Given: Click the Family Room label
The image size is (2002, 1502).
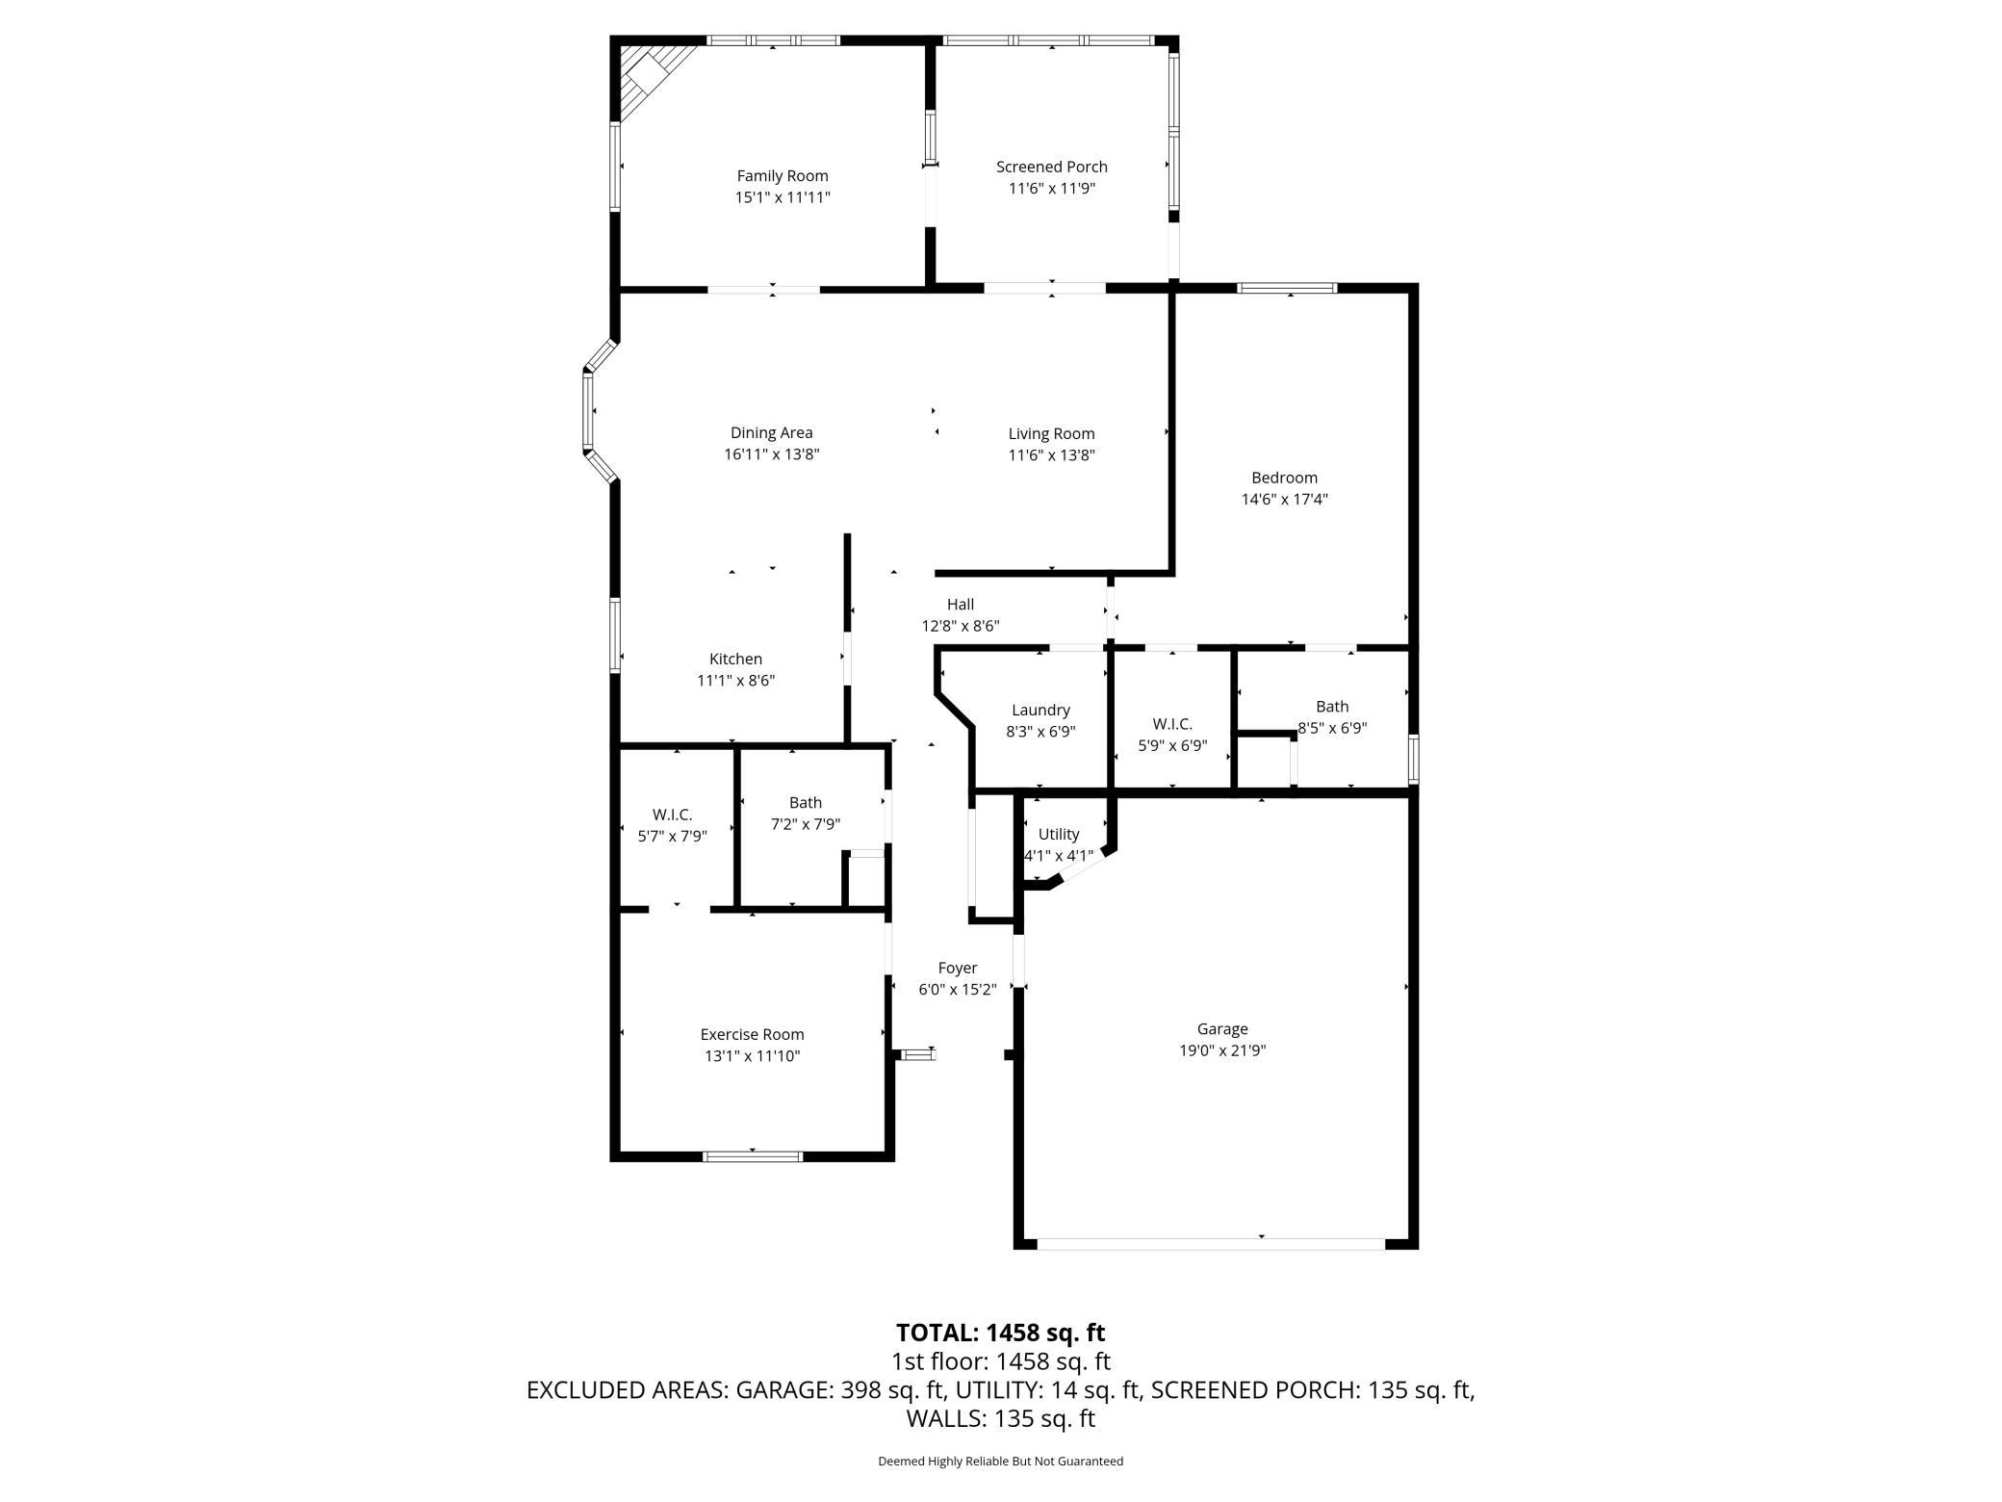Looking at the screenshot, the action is (783, 176).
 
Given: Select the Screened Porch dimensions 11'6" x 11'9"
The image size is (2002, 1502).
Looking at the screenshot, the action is (1052, 189).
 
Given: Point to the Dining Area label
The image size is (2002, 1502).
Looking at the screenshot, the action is (771, 433).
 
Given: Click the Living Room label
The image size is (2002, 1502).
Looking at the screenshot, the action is (1051, 434).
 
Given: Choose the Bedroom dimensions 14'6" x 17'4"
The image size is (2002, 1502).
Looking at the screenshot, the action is (1285, 500).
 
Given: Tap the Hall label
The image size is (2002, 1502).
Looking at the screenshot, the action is (961, 605).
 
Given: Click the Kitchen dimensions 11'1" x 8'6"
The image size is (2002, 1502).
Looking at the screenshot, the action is (736, 681).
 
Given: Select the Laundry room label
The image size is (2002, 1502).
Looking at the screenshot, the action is (1040, 711).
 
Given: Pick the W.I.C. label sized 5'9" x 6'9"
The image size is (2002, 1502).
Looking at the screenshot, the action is (1172, 724).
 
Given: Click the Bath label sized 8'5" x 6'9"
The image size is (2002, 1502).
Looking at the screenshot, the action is (1332, 707).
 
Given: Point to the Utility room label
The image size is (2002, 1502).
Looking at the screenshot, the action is (1059, 834).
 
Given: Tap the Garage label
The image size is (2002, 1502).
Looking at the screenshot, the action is (1222, 1029).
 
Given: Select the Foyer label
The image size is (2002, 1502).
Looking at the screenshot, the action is (958, 969).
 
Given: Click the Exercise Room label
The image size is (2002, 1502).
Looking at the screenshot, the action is (752, 1035).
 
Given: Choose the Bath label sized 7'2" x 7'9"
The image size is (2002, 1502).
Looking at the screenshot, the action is (806, 803).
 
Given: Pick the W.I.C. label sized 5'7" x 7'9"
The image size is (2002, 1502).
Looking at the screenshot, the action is (672, 816).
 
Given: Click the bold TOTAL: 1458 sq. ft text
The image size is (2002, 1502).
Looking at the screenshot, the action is (1001, 1334).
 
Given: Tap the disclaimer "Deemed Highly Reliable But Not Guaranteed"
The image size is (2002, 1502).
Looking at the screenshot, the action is (1001, 1462).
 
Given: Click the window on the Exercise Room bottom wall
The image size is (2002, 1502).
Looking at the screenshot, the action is (753, 1156).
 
